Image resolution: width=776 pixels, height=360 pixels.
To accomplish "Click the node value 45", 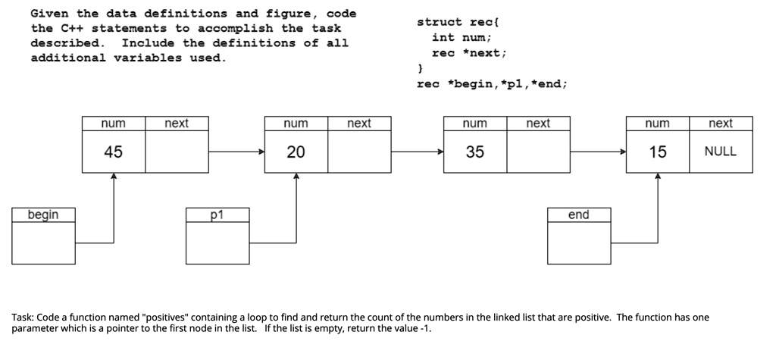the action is (x=114, y=152).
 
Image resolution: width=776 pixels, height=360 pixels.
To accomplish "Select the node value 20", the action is (x=296, y=152).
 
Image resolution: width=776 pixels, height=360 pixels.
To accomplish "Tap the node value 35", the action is (x=475, y=152).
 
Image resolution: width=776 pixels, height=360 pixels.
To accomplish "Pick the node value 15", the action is (x=658, y=152).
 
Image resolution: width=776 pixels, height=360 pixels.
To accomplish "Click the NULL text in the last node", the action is (x=721, y=152).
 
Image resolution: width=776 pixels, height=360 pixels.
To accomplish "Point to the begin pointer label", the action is (x=43, y=215).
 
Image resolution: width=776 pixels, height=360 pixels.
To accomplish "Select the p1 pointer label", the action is (x=217, y=215).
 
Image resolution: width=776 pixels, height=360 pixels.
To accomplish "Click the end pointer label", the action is (x=578, y=214).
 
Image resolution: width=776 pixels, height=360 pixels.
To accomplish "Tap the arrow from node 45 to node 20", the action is (x=236, y=152).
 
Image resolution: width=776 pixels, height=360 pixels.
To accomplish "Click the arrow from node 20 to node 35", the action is (x=418, y=152).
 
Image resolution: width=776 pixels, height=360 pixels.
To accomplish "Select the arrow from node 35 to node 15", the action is (x=599, y=152).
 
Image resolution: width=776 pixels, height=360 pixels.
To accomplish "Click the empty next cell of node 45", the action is (x=177, y=152).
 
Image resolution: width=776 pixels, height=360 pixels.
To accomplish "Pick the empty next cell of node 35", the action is (x=539, y=152).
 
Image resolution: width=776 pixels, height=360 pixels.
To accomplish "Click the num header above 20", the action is (x=296, y=124).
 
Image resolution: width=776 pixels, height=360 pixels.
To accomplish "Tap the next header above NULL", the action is (x=721, y=124).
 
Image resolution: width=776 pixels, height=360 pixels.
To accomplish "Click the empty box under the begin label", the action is (x=43, y=243).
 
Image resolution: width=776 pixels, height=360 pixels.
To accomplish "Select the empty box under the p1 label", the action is (x=217, y=243).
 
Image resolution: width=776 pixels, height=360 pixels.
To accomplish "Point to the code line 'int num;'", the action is (x=462, y=38).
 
